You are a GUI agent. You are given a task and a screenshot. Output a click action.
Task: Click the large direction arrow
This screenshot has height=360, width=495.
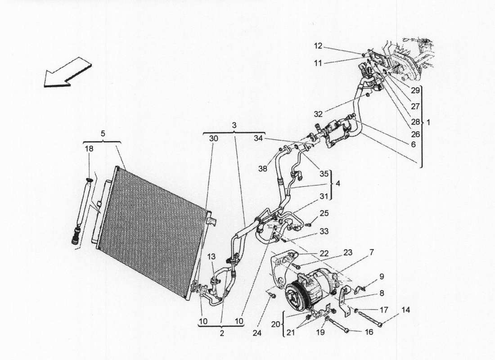[67, 72]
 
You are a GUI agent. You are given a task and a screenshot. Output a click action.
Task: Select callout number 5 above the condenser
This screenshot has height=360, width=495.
[103, 133]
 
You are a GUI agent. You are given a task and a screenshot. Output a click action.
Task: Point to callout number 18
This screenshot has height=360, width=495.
[89, 149]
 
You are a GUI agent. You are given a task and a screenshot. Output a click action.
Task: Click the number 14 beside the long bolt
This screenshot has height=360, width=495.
[406, 310]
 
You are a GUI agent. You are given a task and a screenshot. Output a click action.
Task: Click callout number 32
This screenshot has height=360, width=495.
[318, 114]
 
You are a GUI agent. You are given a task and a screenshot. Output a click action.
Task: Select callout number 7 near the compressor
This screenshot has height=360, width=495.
[372, 252]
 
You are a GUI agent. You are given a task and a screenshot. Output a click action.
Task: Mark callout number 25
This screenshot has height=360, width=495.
[324, 212]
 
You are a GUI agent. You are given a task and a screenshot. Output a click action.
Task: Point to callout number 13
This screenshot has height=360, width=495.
[211, 256]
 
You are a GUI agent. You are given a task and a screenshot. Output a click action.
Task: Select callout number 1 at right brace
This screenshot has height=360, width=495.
[428, 122]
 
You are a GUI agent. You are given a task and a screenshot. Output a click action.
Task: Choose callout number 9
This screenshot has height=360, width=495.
[381, 276]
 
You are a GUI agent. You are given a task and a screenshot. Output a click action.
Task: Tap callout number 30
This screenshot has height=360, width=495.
[213, 139]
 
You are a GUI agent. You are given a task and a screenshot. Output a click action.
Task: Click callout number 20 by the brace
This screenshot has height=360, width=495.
[275, 324]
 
